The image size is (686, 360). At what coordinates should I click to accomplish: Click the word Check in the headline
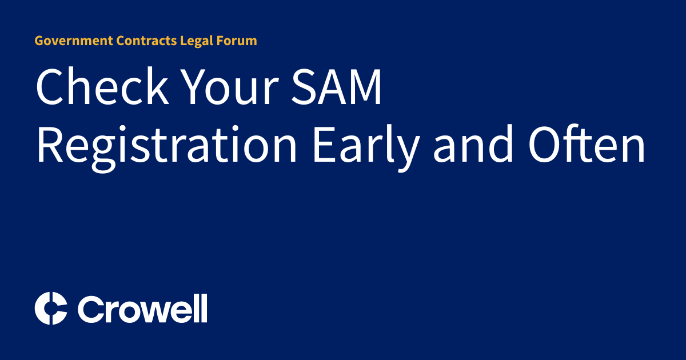click(102, 87)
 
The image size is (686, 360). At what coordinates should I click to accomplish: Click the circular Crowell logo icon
click(51, 309)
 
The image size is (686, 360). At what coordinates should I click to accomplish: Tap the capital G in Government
click(39, 41)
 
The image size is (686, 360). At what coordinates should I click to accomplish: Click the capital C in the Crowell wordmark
click(90, 309)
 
